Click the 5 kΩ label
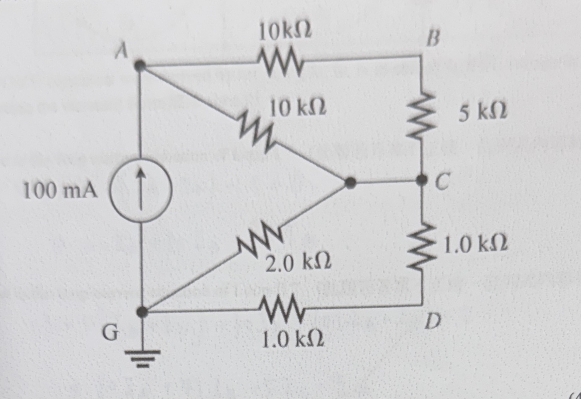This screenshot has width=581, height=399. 483,112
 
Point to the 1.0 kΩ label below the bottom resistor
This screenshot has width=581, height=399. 293,340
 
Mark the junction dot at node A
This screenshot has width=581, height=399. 141,65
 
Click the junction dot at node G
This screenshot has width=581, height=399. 142,311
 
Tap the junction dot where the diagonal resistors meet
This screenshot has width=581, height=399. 350,183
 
